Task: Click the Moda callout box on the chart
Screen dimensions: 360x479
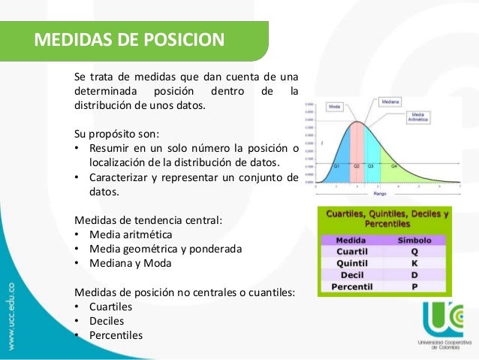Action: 334,107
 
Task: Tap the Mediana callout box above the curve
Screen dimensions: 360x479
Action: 390,101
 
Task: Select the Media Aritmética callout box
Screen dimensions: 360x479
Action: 418,116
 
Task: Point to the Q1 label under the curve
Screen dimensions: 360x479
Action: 338,165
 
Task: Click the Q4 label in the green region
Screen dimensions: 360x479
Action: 394,165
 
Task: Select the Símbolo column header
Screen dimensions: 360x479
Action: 414,240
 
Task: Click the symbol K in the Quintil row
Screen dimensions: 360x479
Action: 414,263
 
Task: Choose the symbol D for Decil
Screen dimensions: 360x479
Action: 414,274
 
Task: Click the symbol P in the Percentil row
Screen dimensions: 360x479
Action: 414,286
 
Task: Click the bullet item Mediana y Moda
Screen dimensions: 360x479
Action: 130,263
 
